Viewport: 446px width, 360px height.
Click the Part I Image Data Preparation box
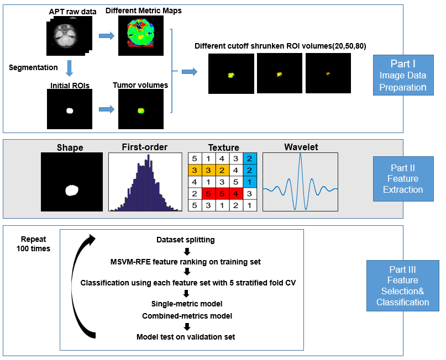click(403, 75)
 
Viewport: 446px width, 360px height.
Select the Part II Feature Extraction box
click(403, 178)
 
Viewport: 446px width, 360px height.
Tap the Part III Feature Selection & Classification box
click(402, 285)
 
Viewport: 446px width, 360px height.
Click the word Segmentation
click(33, 67)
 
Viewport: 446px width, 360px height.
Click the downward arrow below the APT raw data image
click(70, 67)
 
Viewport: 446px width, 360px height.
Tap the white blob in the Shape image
click(72, 190)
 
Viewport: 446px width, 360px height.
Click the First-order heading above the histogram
click(145, 147)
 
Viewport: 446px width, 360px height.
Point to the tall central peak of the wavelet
click(300, 166)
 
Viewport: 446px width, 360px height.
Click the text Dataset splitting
click(186, 240)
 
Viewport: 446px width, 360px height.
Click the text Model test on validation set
click(186, 336)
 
